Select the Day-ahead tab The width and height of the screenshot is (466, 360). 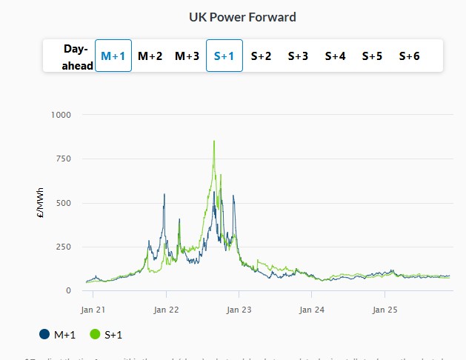[76, 57]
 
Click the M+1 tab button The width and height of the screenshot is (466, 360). [113, 56]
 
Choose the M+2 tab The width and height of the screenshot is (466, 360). [150, 56]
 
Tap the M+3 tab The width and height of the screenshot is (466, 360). [187, 56]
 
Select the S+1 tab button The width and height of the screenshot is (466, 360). [224, 56]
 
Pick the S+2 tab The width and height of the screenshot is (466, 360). [262, 56]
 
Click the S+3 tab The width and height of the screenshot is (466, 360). [299, 56]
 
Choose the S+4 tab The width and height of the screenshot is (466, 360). [336, 56]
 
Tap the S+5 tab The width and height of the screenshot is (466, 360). [373, 56]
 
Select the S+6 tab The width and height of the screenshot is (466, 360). [410, 56]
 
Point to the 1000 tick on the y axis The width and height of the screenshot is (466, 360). [61, 115]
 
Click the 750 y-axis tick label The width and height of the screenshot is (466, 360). [63, 159]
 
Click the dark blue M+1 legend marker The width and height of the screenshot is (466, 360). [45, 335]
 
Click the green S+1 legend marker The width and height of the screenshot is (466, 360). [95, 335]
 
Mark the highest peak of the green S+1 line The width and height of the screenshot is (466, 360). [214, 141]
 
